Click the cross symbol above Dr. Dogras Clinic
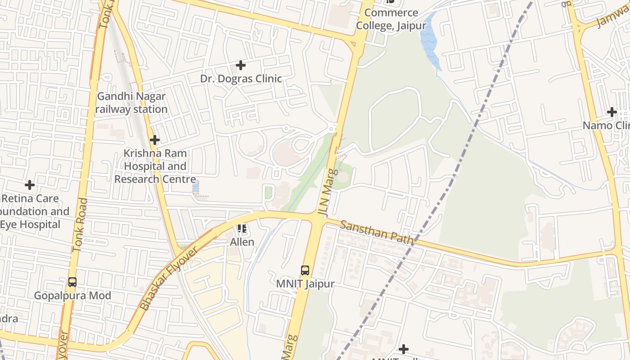[x=241, y=65]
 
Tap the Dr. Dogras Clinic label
[x=241, y=79]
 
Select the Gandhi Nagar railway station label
[x=131, y=103]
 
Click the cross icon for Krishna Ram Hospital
[x=155, y=140]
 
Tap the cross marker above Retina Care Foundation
[x=30, y=185]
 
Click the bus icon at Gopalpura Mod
[x=72, y=282]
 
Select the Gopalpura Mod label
[x=72, y=296]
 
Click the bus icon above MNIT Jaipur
[x=305, y=270]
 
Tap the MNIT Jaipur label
[x=305, y=284]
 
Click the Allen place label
[x=242, y=242]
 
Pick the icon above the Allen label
[x=242, y=229]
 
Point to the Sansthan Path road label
[x=376, y=232]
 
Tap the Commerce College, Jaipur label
[x=391, y=19]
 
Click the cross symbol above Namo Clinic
[x=612, y=112]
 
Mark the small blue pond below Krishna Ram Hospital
[x=195, y=187]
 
